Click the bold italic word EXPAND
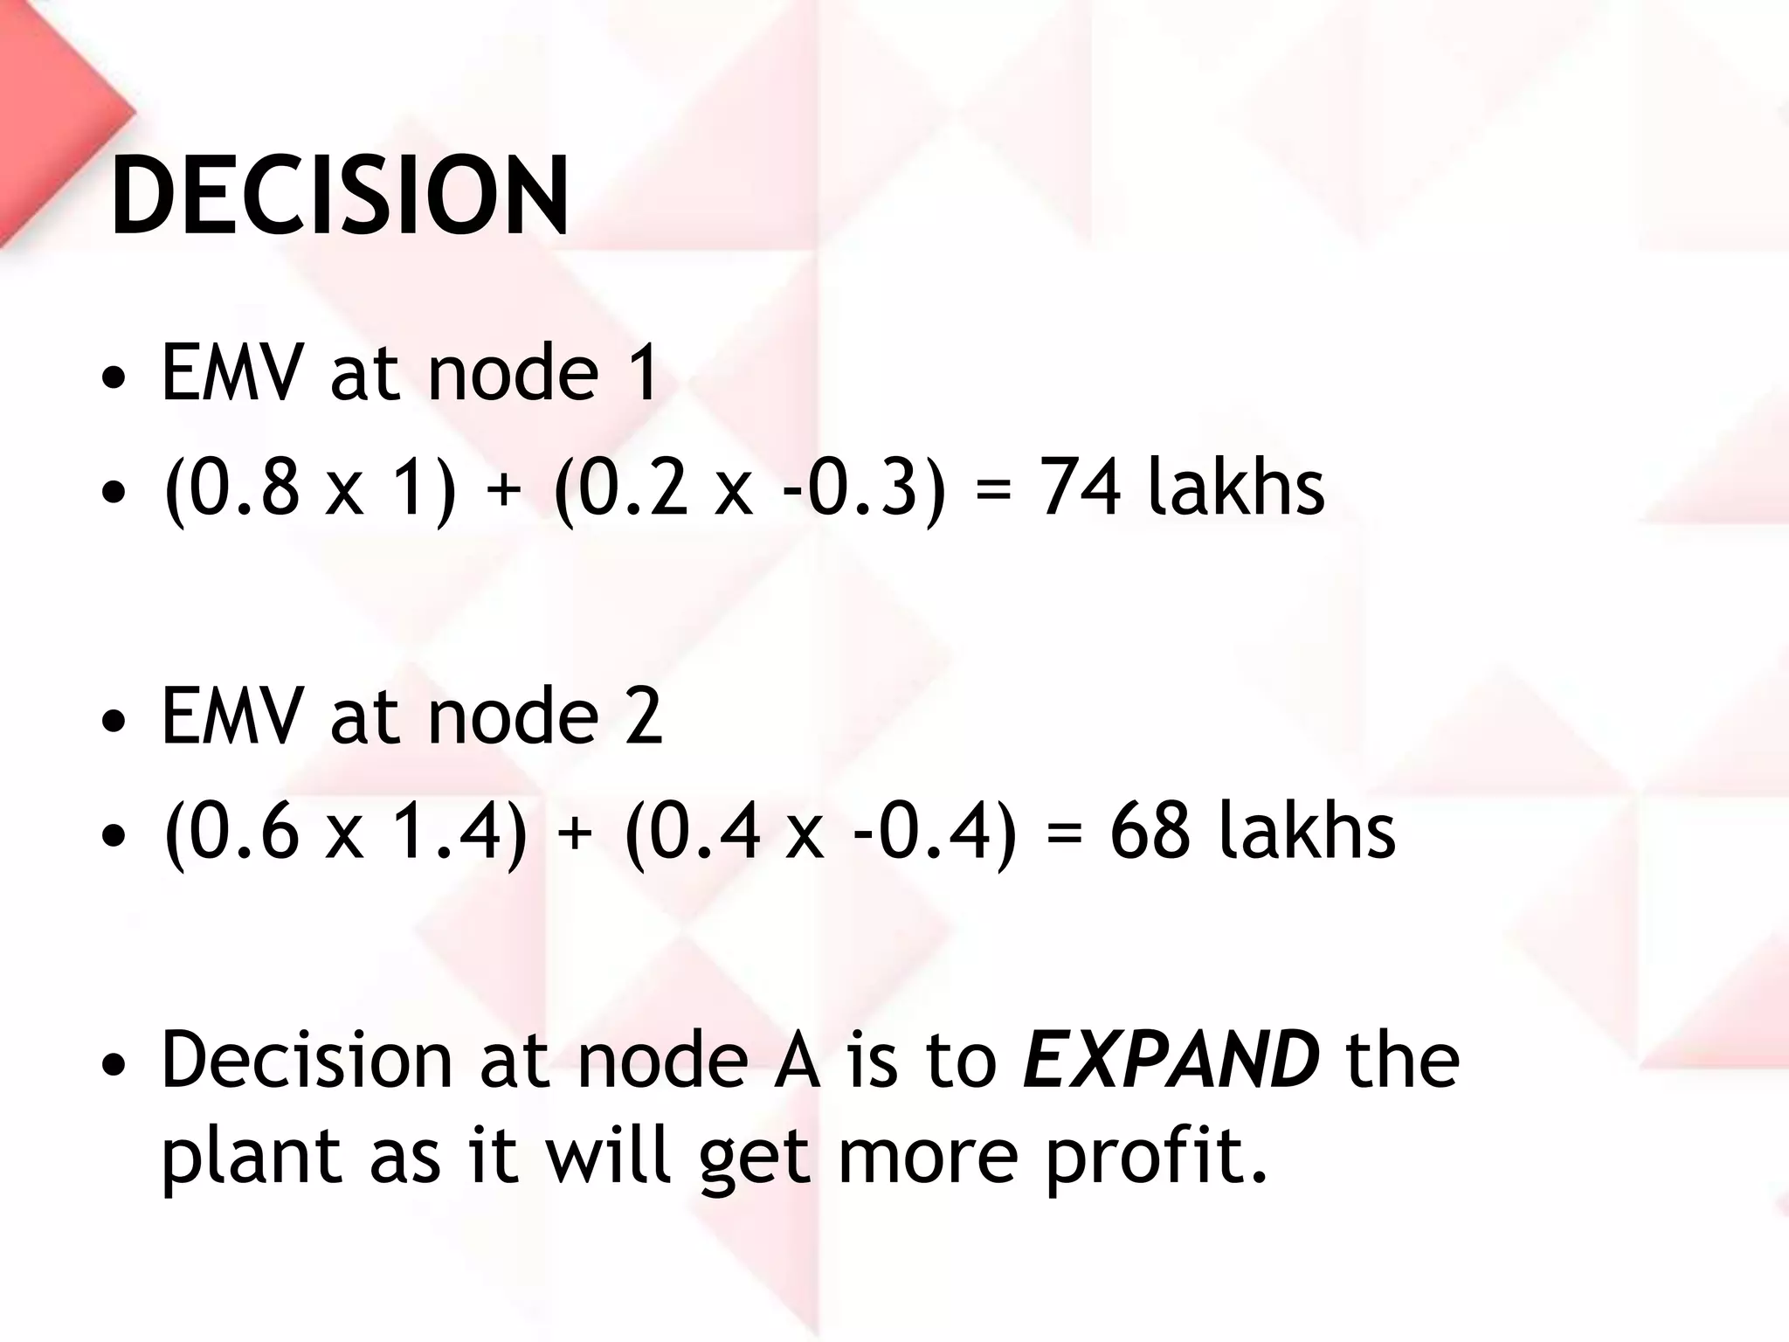tap(1171, 1059)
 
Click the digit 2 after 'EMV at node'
tap(643, 716)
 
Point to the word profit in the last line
tap(1155, 1155)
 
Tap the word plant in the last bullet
tap(252, 1155)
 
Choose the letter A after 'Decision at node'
tap(797, 1059)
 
